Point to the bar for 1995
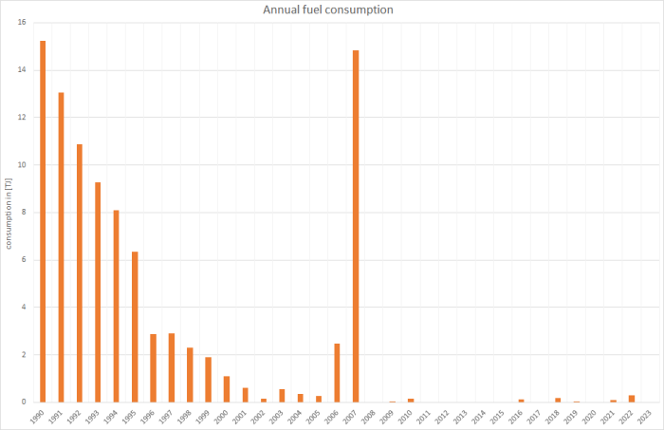pyautogui.click(x=135, y=327)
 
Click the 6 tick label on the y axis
pyautogui.click(x=23, y=260)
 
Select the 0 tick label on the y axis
pyautogui.click(x=23, y=402)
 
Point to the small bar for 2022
pyautogui.click(x=632, y=399)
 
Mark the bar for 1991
pyautogui.click(x=61, y=247)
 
